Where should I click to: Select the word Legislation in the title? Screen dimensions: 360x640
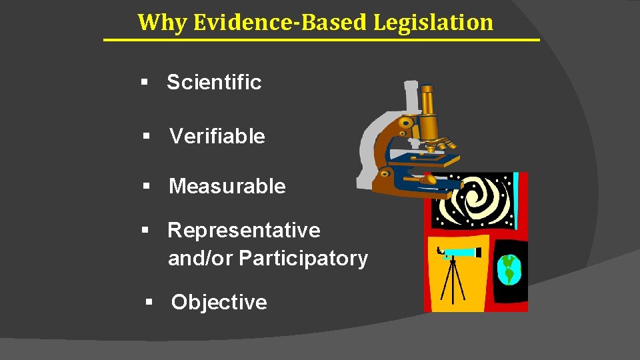tap(433, 22)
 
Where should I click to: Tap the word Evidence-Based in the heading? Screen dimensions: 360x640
tap(281, 22)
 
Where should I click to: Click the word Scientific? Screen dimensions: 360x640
tap(214, 83)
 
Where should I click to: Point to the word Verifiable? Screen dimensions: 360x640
tap(217, 137)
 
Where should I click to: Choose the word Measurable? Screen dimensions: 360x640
tap(227, 187)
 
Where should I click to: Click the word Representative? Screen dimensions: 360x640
tap(243, 231)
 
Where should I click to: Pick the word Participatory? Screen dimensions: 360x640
tap(303, 259)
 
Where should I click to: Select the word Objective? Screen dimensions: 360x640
tap(219, 303)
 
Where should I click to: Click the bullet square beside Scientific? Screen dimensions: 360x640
tap(143, 83)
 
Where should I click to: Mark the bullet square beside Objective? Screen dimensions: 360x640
tap(149, 303)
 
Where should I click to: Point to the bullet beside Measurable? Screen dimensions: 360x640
tap(146, 187)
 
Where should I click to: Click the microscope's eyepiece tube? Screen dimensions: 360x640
tap(426, 107)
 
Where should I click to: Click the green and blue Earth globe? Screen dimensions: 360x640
tap(509, 269)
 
